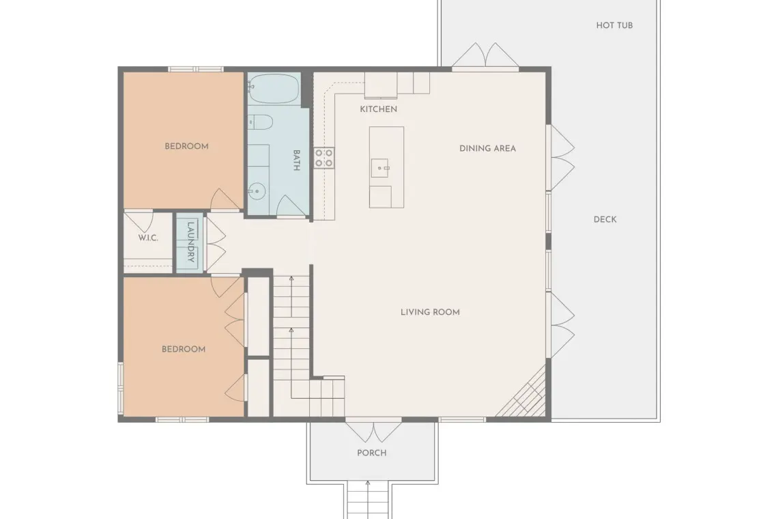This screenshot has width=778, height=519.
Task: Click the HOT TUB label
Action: pyautogui.click(x=614, y=25)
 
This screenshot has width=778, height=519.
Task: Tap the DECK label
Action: pyautogui.click(x=605, y=219)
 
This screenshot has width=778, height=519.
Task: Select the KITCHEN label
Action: pyautogui.click(x=378, y=109)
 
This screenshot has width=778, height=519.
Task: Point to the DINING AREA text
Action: pyautogui.click(x=487, y=148)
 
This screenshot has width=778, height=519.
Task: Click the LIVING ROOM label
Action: pyautogui.click(x=430, y=312)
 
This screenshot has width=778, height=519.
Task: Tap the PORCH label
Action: pyautogui.click(x=372, y=453)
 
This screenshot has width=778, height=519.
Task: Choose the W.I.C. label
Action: pyautogui.click(x=148, y=238)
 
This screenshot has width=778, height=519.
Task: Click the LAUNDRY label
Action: pyautogui.click(x=190, y=242)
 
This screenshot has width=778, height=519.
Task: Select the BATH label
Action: pyautogui.click(x=296, y=160)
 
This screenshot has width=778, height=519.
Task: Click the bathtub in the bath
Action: pyautogui.click(x=274, y=88)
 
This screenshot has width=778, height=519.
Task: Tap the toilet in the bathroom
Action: pyautogui.click(x=260, y=122)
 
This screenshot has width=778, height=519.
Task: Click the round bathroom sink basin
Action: pyautogui.click(x=257, y=191)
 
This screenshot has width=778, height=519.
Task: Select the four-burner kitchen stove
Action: pyautogui.click(x=323, y=158)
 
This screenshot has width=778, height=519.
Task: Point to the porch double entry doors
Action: pyautogui.click(x=373, y=431)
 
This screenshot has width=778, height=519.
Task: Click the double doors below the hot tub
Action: pyautogui.click(x=485, y=55)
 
